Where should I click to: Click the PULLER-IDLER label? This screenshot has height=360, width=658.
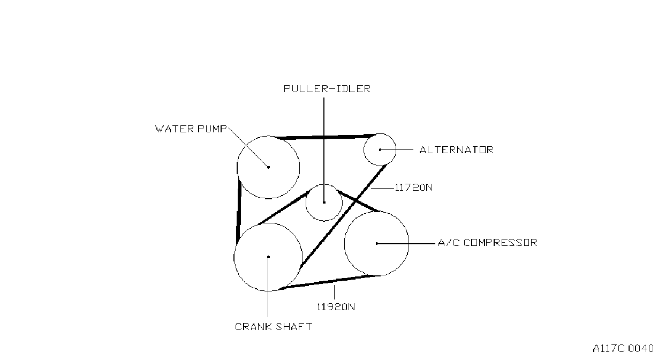(x=327, y=89)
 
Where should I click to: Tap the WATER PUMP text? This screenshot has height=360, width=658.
(x=191, y=129)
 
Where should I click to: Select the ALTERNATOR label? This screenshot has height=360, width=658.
(x=456, y=150)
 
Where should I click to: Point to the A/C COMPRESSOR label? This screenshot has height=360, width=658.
(x=488, y=243)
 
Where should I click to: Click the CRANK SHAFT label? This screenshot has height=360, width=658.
(x=274, y=326)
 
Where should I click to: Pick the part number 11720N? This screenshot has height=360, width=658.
(x=414, y=187)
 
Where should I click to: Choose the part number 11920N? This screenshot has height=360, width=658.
(x=336, y=307)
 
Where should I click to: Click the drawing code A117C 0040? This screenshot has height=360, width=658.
(x=623, y=349)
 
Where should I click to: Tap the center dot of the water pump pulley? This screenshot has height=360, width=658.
(x=268, y=167)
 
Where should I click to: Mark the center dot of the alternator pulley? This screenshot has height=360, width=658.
(x=380, y=149)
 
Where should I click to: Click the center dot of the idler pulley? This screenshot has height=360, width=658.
(x=324, y=202)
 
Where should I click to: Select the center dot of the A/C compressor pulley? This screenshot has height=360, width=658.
(x=377, y=243)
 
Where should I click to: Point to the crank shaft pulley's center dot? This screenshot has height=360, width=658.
(x=268, y=257)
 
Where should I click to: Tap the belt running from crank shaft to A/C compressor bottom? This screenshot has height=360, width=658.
(x=328, y=282)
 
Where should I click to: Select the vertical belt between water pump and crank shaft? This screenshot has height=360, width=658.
(x=239, y=212)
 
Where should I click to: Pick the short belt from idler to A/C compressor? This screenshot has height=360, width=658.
(x=358, y=201)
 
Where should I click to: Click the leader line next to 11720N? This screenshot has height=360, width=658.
(x=382, y=188)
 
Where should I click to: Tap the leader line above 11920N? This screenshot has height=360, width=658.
(x=334, y=292)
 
